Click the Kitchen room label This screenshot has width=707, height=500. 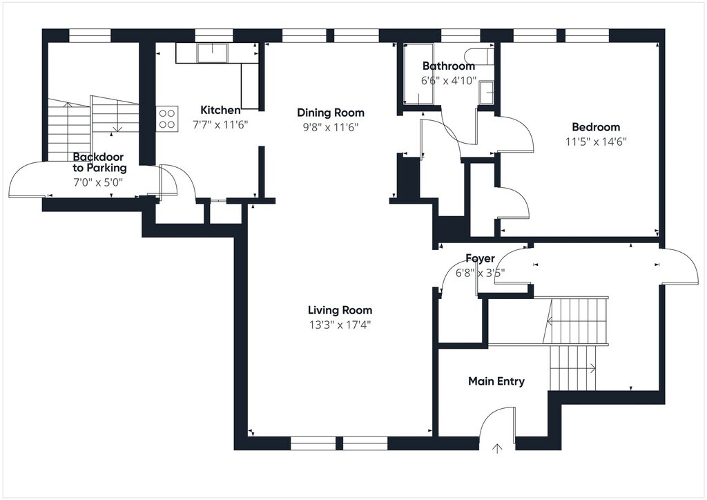[x=220, y=110]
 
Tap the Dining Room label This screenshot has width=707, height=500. [x=331, y=113]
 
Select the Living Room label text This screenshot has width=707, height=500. [x=340, y=310]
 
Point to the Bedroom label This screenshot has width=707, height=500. [x=596, y=127]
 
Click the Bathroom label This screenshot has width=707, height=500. [x=449, y=66]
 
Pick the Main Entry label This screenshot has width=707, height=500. [x=496, y=381]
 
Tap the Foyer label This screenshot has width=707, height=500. [x=481, y=258]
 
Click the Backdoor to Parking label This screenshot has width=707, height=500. [x=99, y=162]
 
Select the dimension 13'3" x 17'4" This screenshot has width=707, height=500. [x=340, y=325]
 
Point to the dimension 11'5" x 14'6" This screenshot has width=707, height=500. [x=596, y=142]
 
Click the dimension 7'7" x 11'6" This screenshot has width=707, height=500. [x=220, y=125]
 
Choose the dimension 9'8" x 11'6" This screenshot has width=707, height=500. [x=331, y=127]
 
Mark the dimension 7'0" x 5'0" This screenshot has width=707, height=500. [x=98, y=182]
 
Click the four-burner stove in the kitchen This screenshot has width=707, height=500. [x=167, y=119]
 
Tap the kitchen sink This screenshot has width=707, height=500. [x=213, y=52]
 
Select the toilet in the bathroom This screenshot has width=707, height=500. [x=480, y=57]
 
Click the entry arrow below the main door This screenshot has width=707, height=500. [x=497, y=449]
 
